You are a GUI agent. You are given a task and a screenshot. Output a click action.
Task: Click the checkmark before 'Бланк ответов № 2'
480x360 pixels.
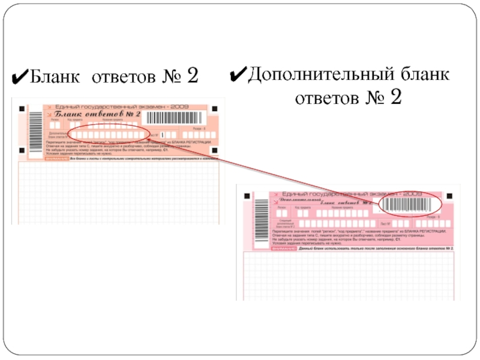click(x=19, y=77)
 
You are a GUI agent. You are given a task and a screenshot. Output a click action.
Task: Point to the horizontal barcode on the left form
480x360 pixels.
click(x=175, y=117)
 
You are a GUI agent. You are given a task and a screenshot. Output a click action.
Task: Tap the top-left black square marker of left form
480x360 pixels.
click(x=22, y=109)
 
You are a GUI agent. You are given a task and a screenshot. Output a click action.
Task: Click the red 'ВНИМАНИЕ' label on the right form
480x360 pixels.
click(x=284, y=247)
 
